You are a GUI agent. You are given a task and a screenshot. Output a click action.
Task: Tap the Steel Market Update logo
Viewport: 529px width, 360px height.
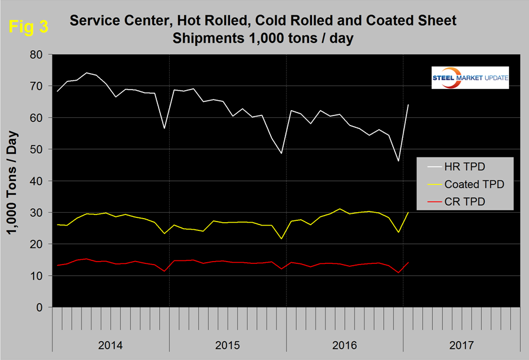pyautogui.click(x=470, y=78)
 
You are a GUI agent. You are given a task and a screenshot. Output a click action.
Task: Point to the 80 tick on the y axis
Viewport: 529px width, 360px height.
pyautogui.click(x=38, y=54)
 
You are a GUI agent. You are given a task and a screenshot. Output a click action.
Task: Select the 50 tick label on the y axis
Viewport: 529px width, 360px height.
pyautogui.click(x=38, y=149)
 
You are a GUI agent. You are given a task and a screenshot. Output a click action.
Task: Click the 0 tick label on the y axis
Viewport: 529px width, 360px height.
pyautogui.click(x=41, y=308)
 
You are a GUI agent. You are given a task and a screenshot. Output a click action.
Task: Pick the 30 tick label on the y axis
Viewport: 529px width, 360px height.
pyautogui.click(x=38, y=213)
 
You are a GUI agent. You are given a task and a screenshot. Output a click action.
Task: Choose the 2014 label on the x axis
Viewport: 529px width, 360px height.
pyautogui.click(x=111, y=344)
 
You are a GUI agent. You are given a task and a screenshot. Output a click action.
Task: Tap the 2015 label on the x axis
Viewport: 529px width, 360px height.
pyautogui.click(x=228, y=344)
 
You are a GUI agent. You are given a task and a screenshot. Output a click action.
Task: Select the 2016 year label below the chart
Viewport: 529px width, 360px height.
pyautogui.click(x=344, y=344)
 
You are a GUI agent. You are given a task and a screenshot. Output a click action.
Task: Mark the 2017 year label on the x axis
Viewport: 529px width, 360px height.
pyautogui.click(x=461, y=344)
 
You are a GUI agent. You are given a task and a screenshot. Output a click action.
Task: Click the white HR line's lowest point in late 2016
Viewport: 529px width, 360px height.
pyautogui.click(x=399, y=161)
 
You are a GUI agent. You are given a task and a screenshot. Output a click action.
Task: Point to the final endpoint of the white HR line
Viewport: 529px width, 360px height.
pyautogui.click(x=408, y=104)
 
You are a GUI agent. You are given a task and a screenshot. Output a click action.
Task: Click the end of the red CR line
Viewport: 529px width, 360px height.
pyautogui.click(x=408, y=263)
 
